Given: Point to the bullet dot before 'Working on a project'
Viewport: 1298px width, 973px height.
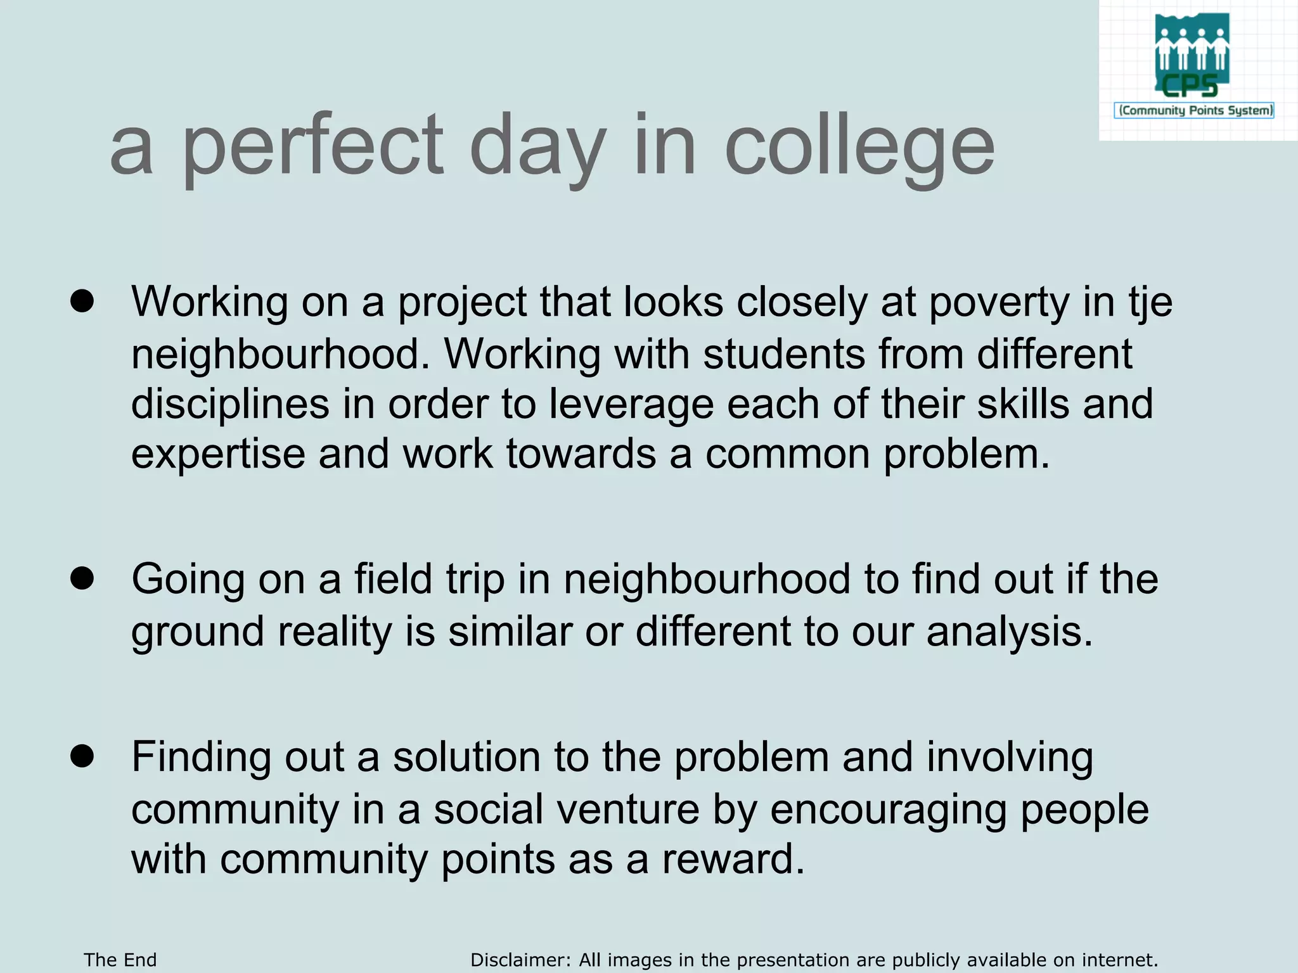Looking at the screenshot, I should tap(82, 302).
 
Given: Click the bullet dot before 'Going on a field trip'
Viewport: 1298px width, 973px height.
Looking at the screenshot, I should tap(82, 579).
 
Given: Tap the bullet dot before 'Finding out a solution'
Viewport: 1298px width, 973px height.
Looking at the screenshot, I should tap(82, 756).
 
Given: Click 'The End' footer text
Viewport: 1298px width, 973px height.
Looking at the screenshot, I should tap(120, 960).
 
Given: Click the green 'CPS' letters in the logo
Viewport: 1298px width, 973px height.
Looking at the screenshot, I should tap(1190, 86).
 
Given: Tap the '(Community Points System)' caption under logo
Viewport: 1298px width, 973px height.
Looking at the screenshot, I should tap(1195, 111).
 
